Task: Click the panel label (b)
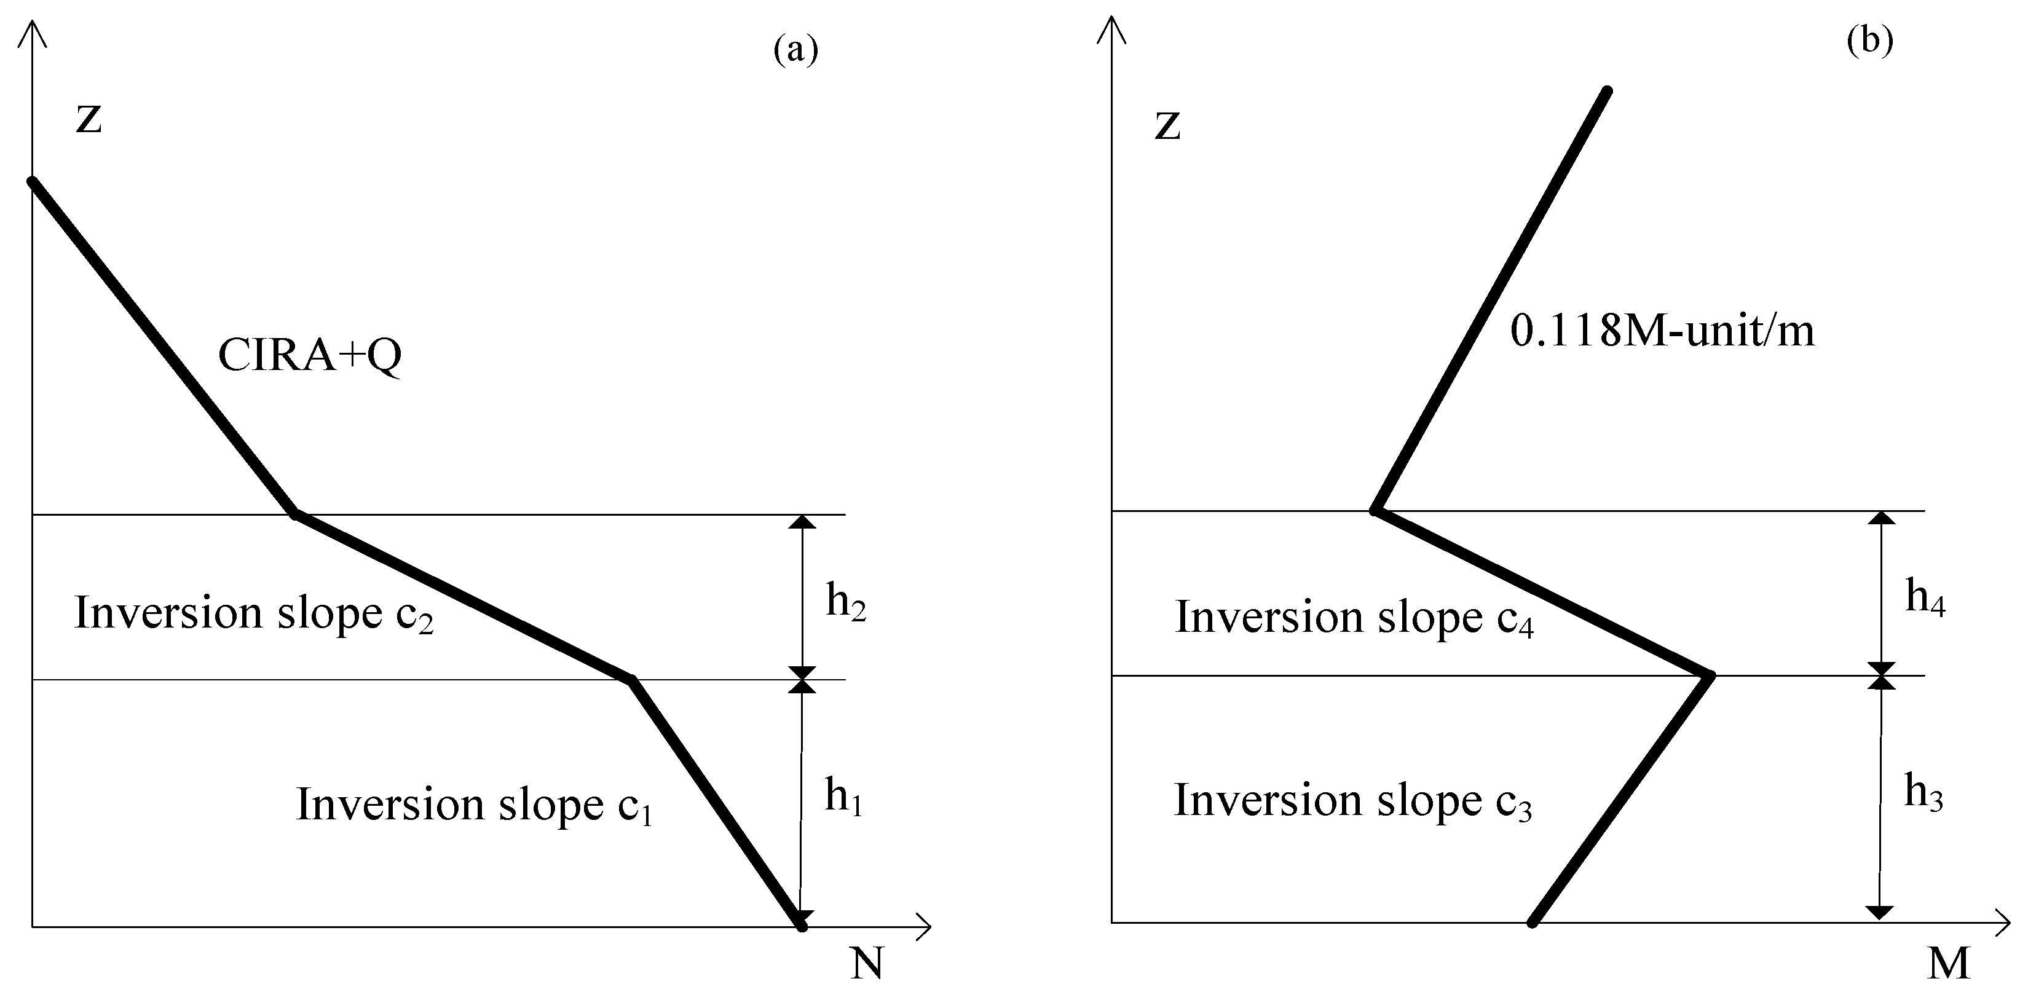(1870, 41)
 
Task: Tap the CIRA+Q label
(309, 356)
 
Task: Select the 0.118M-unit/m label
(1662, 331)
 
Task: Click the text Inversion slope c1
(474, 806)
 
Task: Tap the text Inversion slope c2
(253, 614)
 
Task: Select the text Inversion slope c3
(1352, 801)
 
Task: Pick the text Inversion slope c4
(1354, 618)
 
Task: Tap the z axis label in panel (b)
(1167, 126)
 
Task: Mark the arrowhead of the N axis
(926, 927)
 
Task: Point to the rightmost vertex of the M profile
(1710, 675)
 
